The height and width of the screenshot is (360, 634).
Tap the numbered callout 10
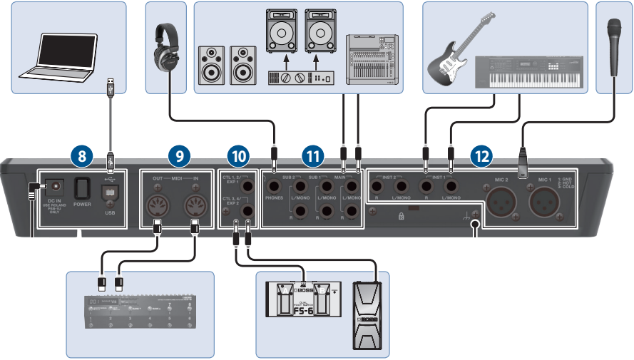tap(237, 154)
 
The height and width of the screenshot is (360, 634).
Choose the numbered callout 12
tap(481, 154)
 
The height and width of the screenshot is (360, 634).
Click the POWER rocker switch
tap(82, 189)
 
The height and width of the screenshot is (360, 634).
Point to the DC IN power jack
tap(53, 187)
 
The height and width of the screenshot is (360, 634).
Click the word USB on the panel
tap(110, 212)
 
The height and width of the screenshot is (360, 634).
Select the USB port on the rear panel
tap(110, 194)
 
